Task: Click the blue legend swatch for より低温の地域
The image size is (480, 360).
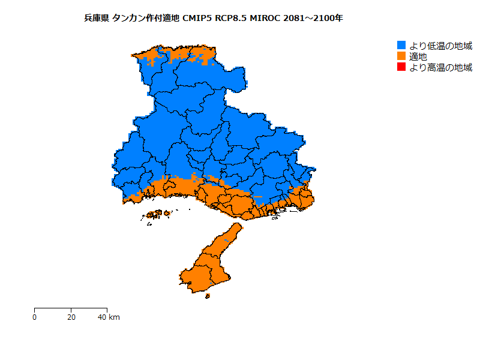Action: point(401,45)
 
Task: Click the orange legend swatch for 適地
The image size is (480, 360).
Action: point(401,56)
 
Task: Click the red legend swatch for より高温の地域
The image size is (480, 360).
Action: point(401,67)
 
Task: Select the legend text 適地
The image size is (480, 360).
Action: point(418,56)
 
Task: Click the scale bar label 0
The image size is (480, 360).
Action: point(35,317)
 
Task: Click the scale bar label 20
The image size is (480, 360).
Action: point(71,317)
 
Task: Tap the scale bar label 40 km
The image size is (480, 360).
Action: point(109,317)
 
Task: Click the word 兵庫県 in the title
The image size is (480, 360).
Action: point(97,19)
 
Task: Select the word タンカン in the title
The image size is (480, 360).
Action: point(128,19)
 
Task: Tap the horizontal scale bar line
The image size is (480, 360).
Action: point(71,308)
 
